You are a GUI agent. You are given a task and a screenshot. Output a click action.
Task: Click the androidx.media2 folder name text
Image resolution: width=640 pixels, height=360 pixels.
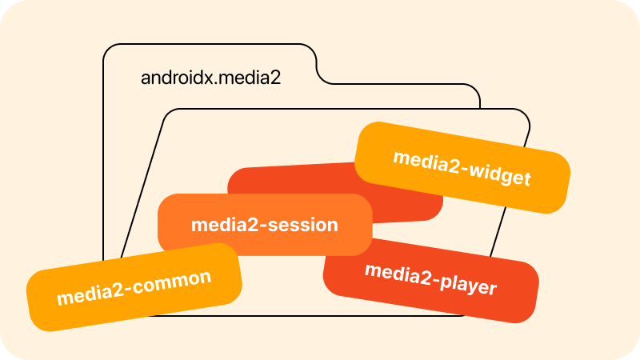[210, 78]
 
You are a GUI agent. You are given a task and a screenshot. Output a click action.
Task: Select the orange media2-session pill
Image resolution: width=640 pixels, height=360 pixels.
[265, 225]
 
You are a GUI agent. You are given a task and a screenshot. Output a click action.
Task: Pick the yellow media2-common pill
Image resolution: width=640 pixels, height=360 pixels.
[134, 287]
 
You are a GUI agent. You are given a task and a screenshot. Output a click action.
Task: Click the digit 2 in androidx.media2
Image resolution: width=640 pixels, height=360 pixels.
[275, 78]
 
